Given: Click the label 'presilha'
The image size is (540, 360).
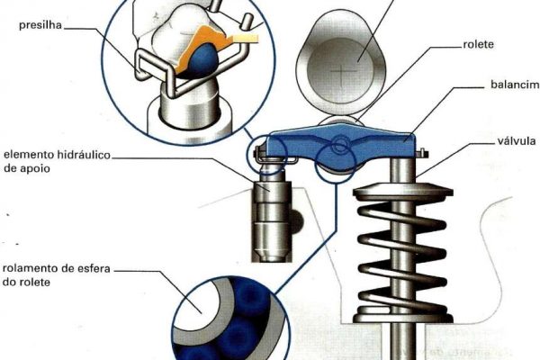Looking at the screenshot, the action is coord(40,25).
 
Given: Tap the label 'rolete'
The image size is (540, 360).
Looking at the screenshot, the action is coord(479,44).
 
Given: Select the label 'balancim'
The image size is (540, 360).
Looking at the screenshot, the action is coord(515,85).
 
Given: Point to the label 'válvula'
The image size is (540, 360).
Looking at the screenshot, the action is coord(517,140).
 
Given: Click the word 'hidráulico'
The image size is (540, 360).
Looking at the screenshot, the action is coord(83,155).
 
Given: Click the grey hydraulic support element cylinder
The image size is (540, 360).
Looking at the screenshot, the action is coord(272,220).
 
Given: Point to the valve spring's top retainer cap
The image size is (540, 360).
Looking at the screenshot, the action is coord(402,191).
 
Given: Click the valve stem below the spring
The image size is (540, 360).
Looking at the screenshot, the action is coord(403,341).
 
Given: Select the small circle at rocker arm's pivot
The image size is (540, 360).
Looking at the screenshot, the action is coord(340,144).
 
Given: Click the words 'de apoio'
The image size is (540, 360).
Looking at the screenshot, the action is coord(26,169).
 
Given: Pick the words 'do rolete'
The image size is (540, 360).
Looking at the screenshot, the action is coord(26,282).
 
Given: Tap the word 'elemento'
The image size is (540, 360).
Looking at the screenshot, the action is coord(28,155).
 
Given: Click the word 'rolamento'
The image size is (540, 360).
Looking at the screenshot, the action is coord(31,268).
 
